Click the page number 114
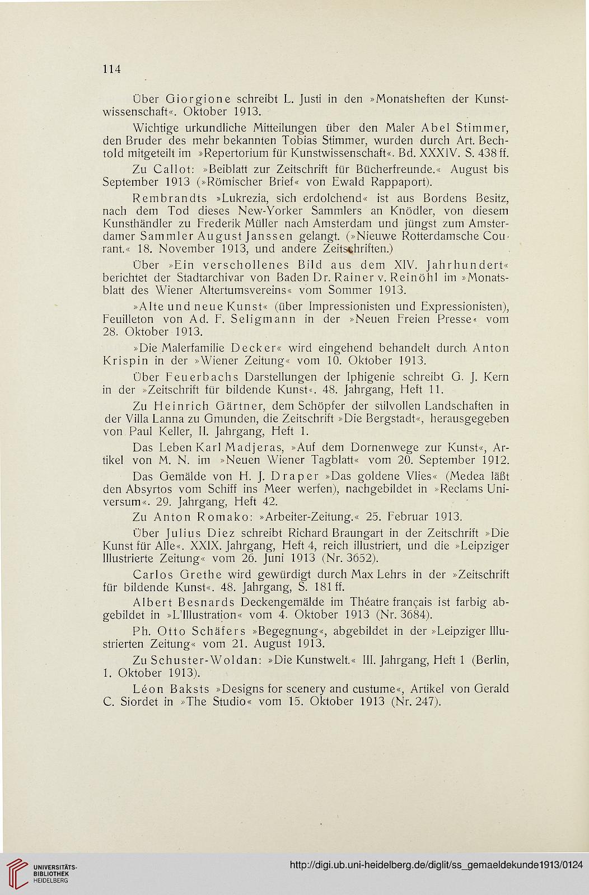[x=111, y=69]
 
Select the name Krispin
[x=128, y=359]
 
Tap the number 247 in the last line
[x=424, y=702]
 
